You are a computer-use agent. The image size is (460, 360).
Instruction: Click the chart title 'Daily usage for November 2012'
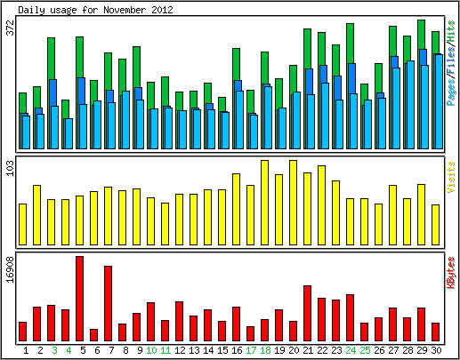[95, 10]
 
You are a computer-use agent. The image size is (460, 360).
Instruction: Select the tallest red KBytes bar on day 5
[80, 299]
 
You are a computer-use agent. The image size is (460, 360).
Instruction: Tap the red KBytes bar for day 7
[109, 303]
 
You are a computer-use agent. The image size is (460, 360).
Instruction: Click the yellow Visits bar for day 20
[294, 203]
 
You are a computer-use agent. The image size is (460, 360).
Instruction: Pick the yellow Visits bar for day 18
[265, 203]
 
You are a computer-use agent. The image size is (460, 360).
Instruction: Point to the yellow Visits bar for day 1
[23, 224]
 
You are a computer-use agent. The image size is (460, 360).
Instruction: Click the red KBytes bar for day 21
[308, 314]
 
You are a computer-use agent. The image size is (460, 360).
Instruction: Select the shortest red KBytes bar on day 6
[94, 335]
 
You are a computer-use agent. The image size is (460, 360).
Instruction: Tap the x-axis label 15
[222, 350]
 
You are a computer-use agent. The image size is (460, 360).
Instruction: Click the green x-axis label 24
[351, 350]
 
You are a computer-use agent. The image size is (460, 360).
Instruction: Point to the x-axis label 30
[436, 350]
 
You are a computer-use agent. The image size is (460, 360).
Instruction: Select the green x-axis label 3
[54, 350]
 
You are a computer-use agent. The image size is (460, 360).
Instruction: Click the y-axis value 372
[10, 28]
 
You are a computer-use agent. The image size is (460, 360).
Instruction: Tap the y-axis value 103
[10, 168]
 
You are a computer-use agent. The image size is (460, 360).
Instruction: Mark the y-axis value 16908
[10, 270]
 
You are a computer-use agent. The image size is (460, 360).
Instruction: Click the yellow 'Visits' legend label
[451, 177]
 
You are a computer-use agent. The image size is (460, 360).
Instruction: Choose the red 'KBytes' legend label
[451, 273]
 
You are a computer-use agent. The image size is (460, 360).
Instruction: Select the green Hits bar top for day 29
[422, 20]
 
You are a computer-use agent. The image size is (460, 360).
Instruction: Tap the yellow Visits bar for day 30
[436, 225]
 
